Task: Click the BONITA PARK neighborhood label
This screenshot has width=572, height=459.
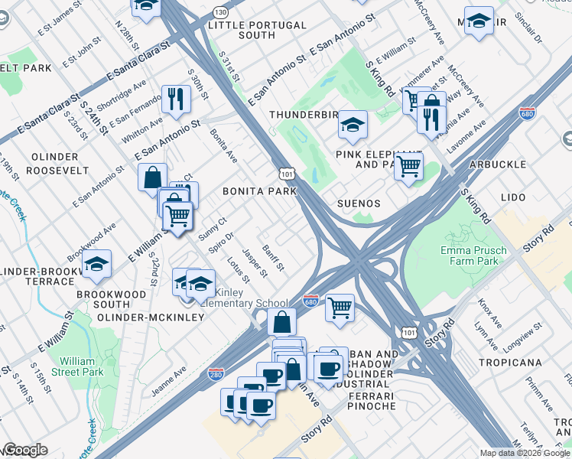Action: [259, 190]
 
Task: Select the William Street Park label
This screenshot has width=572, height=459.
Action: [82, 365]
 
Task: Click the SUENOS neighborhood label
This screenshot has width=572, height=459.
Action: [359, 203]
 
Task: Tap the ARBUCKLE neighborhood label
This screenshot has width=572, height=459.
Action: [498, 164]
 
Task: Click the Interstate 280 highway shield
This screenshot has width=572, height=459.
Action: [216, 374]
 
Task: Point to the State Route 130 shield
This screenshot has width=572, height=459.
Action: [221, 13]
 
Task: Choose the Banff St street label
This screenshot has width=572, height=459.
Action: [273, 257]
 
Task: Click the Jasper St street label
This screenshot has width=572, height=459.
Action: [254, 262]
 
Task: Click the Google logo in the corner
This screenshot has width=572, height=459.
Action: [26, 450]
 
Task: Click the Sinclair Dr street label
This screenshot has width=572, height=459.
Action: [528, 27]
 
